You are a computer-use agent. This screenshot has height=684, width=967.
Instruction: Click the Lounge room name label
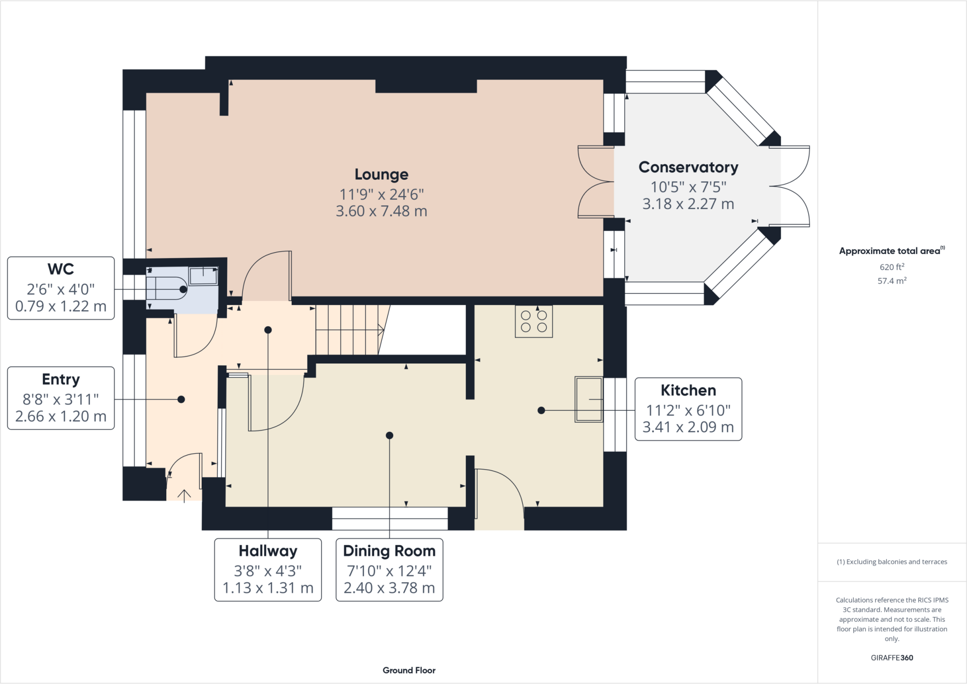[382, 174]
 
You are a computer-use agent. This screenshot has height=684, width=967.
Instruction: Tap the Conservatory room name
[688, 167]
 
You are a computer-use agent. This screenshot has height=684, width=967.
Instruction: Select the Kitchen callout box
[688, 409]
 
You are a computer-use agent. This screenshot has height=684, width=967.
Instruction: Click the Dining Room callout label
[390, 570]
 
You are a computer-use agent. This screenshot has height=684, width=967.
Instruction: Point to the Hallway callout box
[268, 570]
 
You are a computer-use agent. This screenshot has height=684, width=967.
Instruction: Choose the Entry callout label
[61, 398]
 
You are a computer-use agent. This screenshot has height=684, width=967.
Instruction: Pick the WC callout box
[61, 288]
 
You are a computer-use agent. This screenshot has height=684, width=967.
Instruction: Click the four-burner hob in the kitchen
[534, 321]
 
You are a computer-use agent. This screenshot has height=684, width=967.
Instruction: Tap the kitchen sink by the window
[589, 399]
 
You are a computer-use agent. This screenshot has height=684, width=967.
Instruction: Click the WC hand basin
[204, 276]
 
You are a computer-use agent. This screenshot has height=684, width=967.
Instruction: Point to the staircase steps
[350, 329]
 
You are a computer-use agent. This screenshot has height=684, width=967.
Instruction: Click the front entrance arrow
[184, 495]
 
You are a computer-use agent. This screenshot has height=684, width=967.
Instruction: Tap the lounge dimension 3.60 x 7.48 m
[382, 211]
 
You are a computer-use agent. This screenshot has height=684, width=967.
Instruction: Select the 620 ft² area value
[892, 267]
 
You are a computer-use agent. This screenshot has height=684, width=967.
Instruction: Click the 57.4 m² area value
[892, 281]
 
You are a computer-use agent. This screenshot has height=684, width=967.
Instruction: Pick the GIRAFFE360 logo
[892, 658]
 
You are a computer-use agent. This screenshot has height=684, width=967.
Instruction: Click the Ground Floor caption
[409, 670]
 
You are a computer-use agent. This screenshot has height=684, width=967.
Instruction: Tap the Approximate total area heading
[892, 251]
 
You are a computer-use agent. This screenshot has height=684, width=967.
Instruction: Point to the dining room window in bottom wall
[390, 518]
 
